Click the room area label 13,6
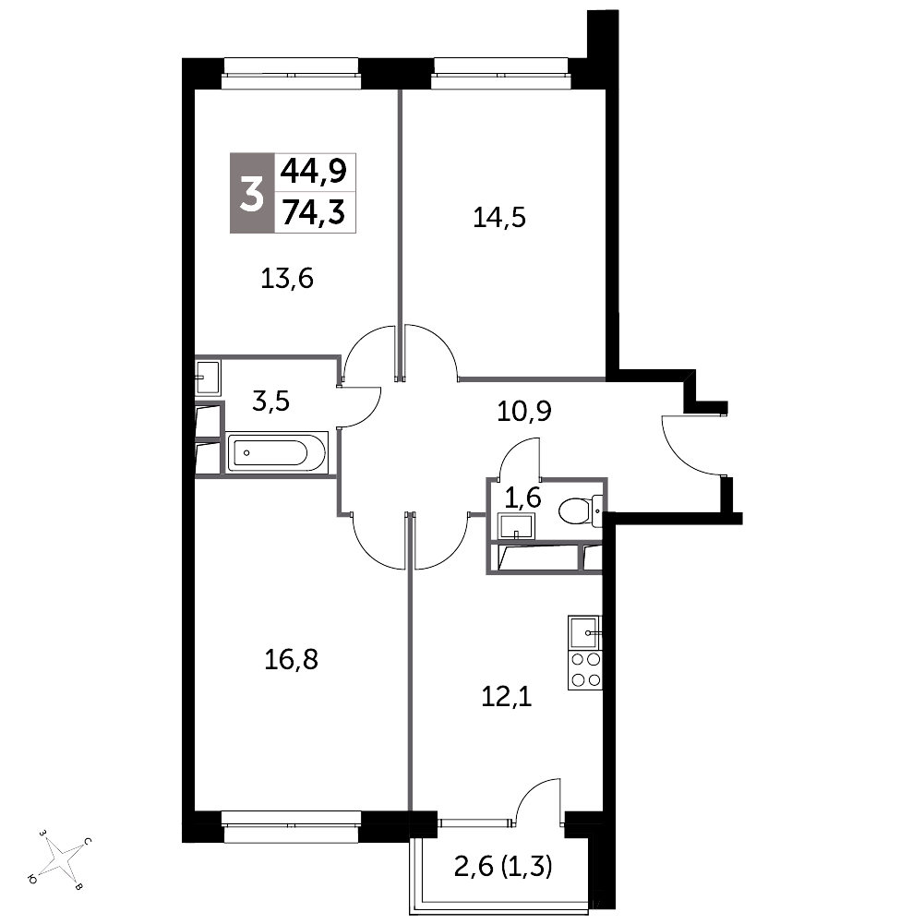coord(287,278)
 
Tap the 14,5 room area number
coord(499,218)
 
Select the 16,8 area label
coord(291,659)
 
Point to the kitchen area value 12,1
coord(507,697)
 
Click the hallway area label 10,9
coord(524,412)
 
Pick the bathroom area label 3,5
coord(271,402)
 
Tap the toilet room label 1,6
coord(522,498)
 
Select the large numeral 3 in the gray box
coord(252,195)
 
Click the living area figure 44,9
coord(314,172)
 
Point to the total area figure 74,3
coord(314,212)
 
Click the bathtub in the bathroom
coord(277,452)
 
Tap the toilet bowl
coord(578,510)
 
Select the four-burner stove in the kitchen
coord(584,670)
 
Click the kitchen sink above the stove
coord(584,632)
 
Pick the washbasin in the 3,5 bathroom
coord(208,378)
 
